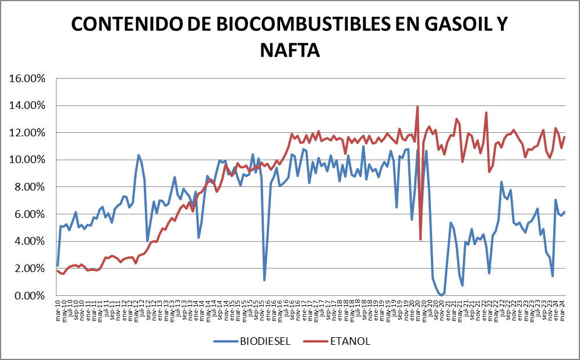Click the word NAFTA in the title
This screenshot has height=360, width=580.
coord(290,50)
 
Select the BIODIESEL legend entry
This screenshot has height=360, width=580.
coord(264,341)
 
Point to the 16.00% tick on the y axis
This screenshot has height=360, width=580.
coord(30,78)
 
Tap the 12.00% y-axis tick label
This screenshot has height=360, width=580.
coord(30,133)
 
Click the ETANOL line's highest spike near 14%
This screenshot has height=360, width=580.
coord(418,107)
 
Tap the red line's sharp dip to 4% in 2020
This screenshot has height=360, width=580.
coord(420,239)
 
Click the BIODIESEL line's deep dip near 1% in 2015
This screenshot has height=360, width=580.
coord(264,280)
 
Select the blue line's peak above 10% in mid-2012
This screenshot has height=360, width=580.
coord(139,155)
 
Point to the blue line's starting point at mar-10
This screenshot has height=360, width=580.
coord(58,265)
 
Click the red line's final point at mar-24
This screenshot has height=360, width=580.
coord(564,137)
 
